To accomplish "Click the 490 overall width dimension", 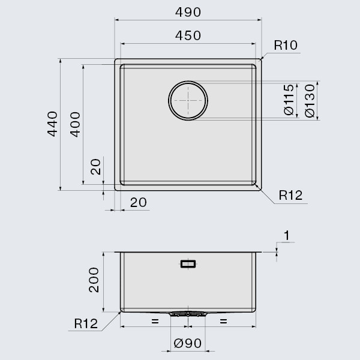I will coord(188,12).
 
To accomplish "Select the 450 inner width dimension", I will coord(188,35).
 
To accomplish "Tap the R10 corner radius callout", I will coord(286,45).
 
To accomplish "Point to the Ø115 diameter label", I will coord(289,100).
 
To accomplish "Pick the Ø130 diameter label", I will coord(309,100).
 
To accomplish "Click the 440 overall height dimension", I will coord(52,124).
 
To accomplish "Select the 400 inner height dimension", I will coord(74,124).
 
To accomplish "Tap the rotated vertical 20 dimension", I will coord(95,167).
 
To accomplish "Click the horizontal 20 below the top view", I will coord(138,203).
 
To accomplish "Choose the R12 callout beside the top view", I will coord(290,195).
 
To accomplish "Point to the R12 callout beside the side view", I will coord(86,324).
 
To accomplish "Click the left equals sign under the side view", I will coord(154,322).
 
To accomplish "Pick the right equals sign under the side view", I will coord(223,322).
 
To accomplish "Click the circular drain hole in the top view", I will coord(188,100).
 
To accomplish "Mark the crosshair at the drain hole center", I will coord(188,100).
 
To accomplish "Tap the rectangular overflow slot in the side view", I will coord(188,263).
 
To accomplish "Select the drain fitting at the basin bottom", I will coord(188,313).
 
